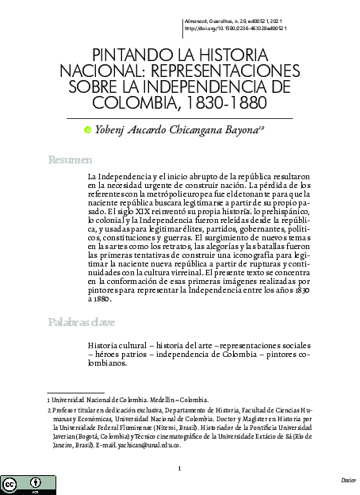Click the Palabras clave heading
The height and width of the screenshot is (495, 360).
pyautogui.click(x=80, y=322)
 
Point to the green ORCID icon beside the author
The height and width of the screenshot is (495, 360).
pyautogui.click(x=88, y=130)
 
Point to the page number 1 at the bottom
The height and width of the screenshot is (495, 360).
pyautogui.click(x=180, y=468)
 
